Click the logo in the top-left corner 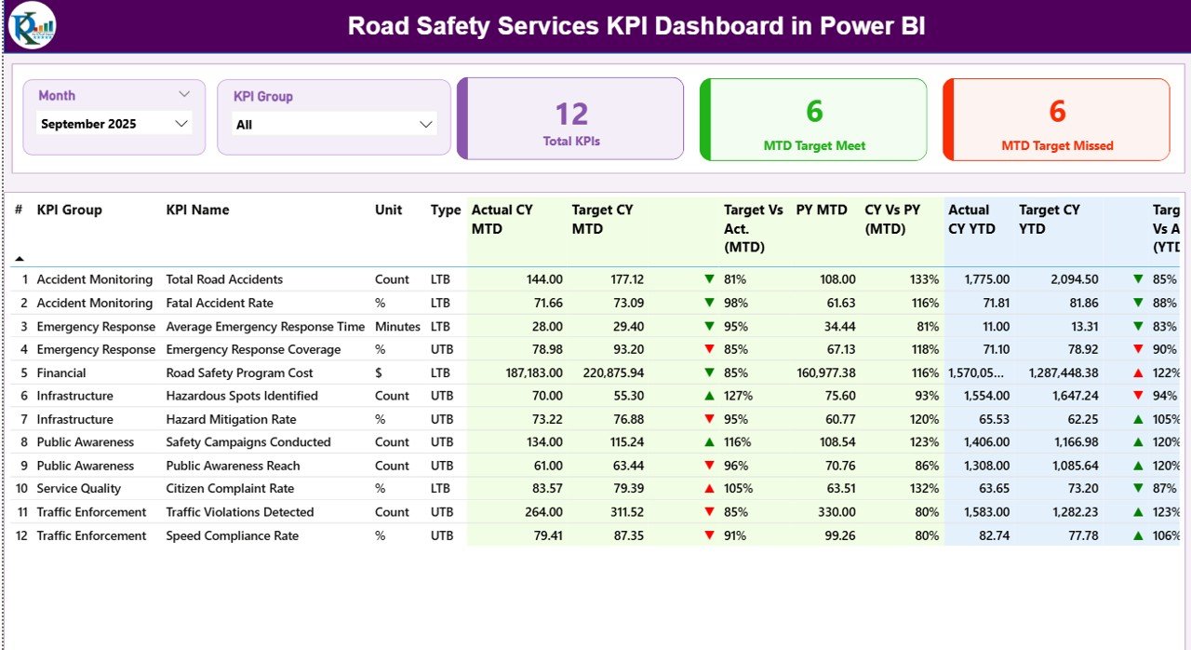[32, 25]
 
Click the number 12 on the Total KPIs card [571, 115]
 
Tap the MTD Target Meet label [814, 145]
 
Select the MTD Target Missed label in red [1057, 145]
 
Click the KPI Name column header [197, 210]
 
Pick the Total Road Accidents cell [224, 279]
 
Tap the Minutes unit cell [396, 327]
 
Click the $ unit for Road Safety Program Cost [380, 372]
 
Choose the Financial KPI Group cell [61, 372]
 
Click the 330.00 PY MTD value [836, 512]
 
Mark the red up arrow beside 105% [710, 489]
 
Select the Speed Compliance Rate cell [233, 535]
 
